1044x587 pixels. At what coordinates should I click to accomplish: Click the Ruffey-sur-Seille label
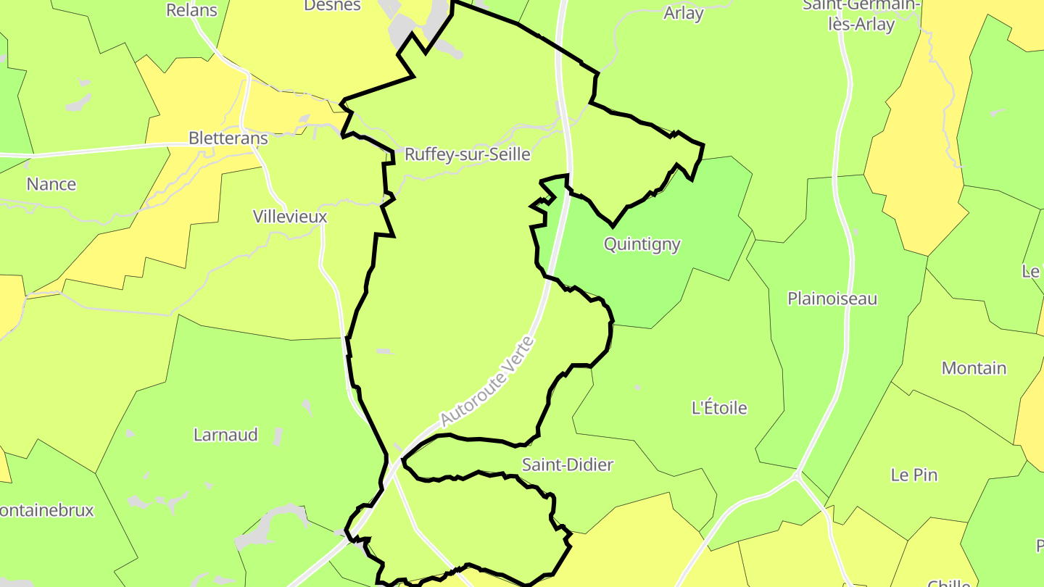[x=467, y=154]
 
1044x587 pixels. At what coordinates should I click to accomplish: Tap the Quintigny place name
[x=642, y=244]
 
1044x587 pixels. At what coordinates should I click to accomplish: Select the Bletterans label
[x=228, y=138]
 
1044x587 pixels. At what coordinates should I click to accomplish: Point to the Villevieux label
[x=290, y=216]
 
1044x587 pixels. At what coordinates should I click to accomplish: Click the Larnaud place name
[x=225, y=435]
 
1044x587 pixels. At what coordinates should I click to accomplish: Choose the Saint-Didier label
[x=568, y=465]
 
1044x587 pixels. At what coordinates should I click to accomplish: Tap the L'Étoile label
[x=719, y=408]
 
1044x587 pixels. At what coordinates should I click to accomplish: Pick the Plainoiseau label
[x=832, y=299]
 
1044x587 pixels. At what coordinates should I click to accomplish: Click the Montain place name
[x=974, y=368]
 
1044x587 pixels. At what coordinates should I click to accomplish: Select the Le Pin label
[x=913, y=475]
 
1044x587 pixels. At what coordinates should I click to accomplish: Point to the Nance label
[x=51, y=184]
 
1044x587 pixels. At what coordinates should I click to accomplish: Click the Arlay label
[x=683, y=13]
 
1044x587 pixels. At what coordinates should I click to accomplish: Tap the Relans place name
[x=191, y=10]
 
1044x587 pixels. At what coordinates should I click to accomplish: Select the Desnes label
[x=332, y=6]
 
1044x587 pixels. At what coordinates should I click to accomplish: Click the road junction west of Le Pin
[x=797, y=476]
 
